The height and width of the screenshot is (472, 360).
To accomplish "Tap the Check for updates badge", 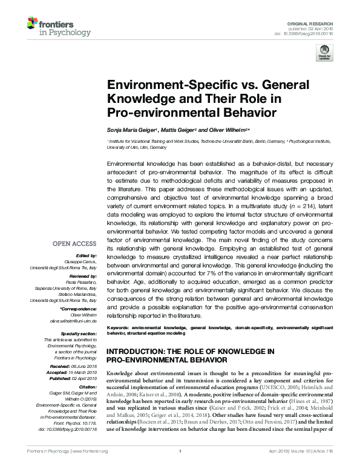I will coord(325,51).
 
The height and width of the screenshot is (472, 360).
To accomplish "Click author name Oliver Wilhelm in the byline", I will coord(225,130).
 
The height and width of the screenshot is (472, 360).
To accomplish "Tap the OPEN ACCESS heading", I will coord(74,244).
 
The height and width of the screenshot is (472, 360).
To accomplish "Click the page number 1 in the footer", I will coord(180,468).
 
